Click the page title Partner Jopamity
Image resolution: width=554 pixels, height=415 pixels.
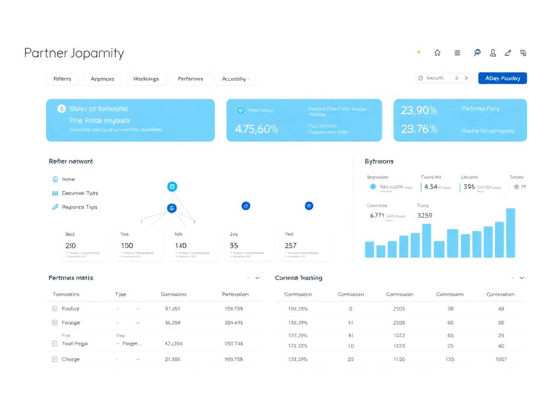[74, 53]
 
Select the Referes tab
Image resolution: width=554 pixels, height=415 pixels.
[62, 79]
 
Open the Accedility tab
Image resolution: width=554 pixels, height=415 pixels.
[235, 79]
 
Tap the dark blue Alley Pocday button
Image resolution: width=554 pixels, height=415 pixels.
[502, 78]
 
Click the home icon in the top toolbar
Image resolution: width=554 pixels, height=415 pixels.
[437, 53]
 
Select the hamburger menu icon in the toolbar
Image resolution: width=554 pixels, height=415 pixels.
[457, 53]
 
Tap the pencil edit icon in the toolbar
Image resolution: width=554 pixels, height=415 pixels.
[507, 53]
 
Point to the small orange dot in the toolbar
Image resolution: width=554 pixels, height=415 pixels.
[418, 52]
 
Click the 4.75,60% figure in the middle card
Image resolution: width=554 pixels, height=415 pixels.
[256, 129]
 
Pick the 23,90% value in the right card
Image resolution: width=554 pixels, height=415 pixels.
[419, 110]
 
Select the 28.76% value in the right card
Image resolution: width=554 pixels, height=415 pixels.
[419, 129]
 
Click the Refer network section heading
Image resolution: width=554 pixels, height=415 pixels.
[71, 162]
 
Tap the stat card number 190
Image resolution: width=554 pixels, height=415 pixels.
[127, 245]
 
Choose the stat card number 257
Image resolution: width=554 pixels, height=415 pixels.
[291, 245]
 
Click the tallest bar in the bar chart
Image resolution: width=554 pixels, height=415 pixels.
[510, 232]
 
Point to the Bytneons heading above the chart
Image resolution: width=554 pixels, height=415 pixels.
[379, 162]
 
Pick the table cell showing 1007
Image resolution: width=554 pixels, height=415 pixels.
[500, 359]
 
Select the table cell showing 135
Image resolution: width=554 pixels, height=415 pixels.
[450, 359]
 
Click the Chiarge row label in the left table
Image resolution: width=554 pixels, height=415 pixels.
[70, 359]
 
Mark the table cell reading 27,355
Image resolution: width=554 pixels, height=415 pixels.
[173, 359]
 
